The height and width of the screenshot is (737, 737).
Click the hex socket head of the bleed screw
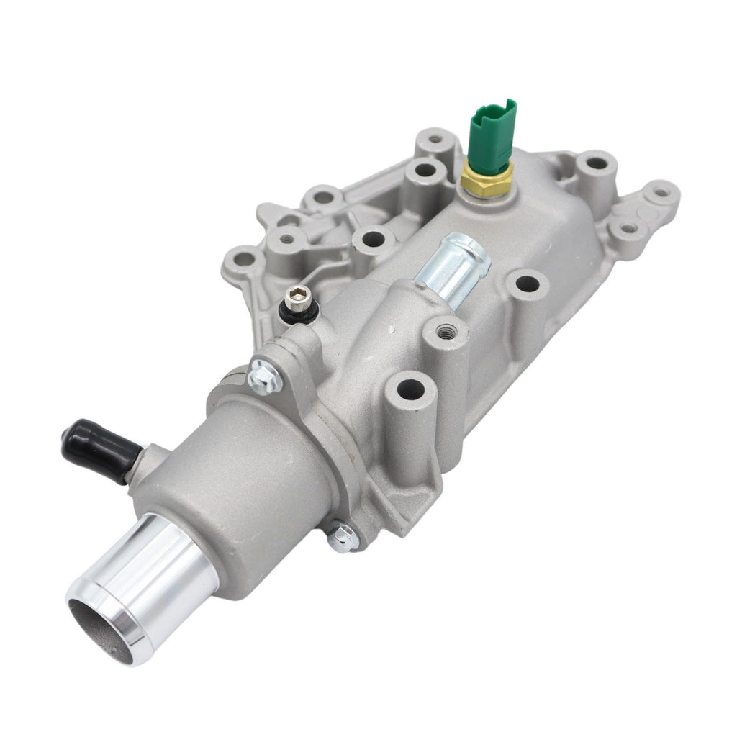click(x=298, y=294)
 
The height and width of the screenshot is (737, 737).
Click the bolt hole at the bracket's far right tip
click(x=661, y=192)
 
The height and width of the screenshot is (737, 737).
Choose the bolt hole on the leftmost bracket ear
click(x=243, y=257)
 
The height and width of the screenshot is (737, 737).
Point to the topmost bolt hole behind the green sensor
click(x=436, y=136)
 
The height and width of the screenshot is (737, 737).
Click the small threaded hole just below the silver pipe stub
click(x=446, y=330)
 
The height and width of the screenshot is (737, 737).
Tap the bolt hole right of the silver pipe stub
click(x=528, y=283)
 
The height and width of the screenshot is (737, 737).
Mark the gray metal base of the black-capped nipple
click(x=144, y=461)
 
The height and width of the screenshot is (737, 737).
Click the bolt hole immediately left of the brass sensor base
click(x=425, y=170)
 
